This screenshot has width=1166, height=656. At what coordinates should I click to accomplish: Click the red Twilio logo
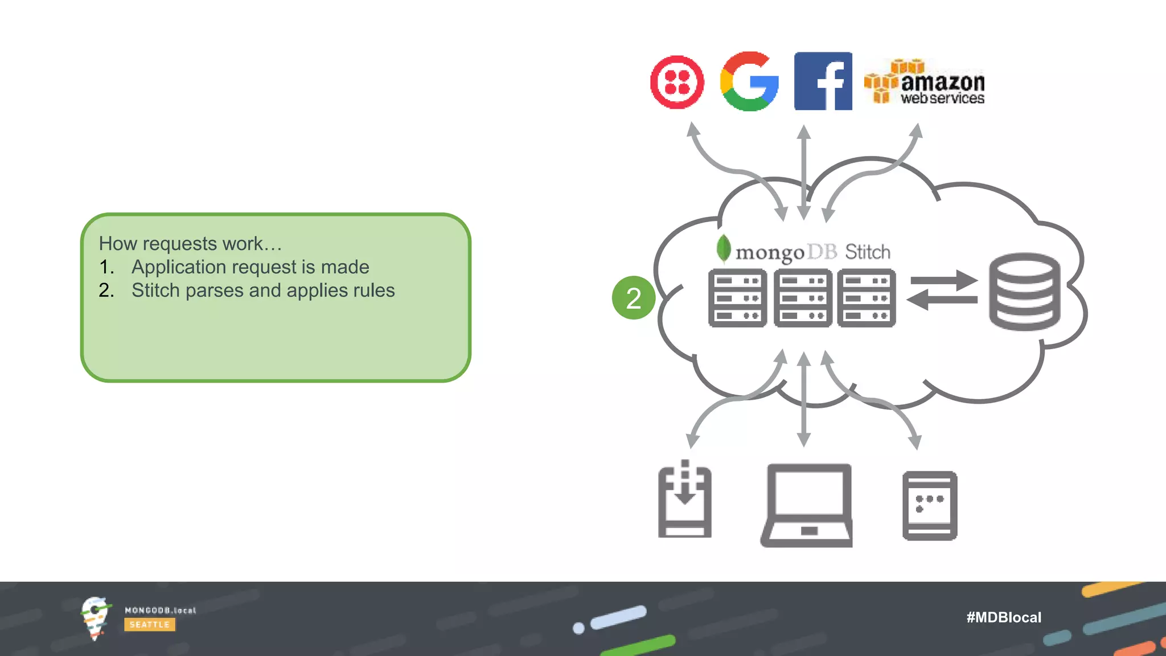tap(677, 82)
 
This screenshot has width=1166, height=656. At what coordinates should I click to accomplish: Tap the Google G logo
tap(749, 81)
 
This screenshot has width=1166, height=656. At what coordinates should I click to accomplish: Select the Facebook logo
tap(823, 81)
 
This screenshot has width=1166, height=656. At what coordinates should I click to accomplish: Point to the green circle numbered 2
tap(633, 298)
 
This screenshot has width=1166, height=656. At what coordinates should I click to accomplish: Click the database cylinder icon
tap(1024, 292)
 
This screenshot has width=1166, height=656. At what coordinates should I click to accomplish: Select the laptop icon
tap(807, 505)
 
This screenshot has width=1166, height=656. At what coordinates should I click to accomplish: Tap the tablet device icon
tap(930, 505)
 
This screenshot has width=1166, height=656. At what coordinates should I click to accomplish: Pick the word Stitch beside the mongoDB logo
tap(868, 252)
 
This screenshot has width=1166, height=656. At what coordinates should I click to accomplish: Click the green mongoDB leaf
tap(724, 248)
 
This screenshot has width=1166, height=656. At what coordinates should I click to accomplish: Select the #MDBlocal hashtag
tap(1004, 617)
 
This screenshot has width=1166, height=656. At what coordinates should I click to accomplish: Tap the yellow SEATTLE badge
tap(150, 625)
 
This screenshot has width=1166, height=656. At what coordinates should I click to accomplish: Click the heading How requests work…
tap(190, 244)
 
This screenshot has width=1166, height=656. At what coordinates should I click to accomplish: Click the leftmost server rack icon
tap(737, 298)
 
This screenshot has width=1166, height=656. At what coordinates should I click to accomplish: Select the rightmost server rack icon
tap(866, 298)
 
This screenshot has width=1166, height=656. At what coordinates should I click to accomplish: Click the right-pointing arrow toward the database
tap(943, 281)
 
